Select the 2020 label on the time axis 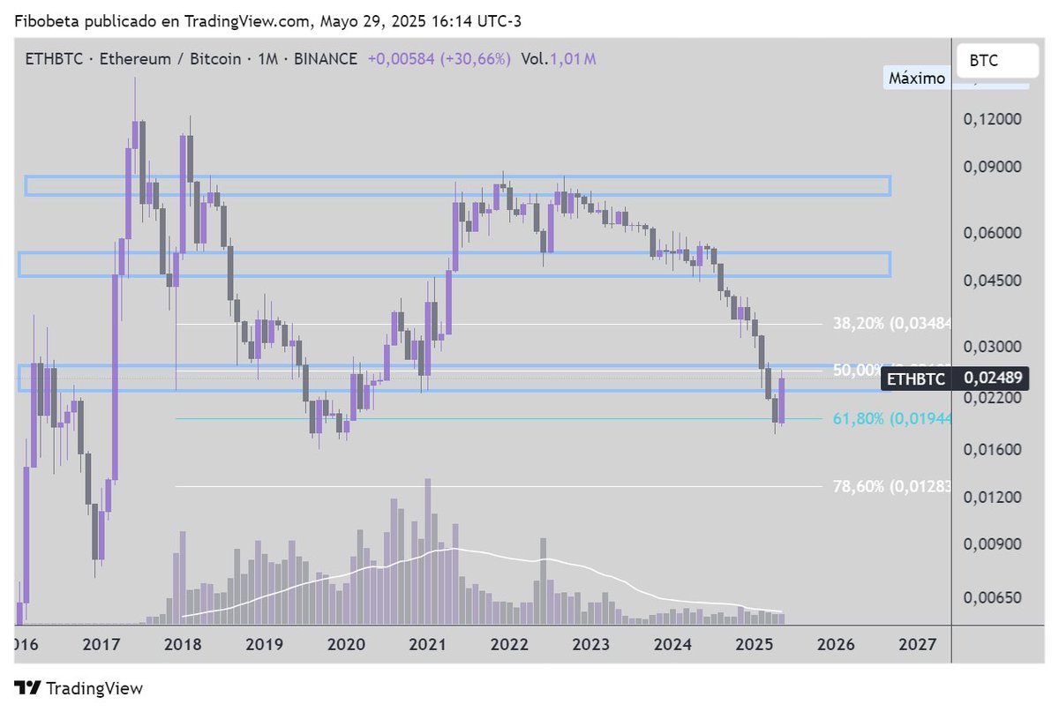coord(346,644)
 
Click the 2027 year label coord(918,644)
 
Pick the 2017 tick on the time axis coord(101,644)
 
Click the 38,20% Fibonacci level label coord(891,324)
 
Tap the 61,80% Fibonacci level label coord(891,418)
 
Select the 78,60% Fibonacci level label coord(891,486)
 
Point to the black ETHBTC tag coord(916,378)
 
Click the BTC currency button coord(984,61)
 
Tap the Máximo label coord(917,78)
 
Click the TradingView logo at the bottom coord(79,688)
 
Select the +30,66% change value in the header coord(478,59)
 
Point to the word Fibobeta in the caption coord(43,19)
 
